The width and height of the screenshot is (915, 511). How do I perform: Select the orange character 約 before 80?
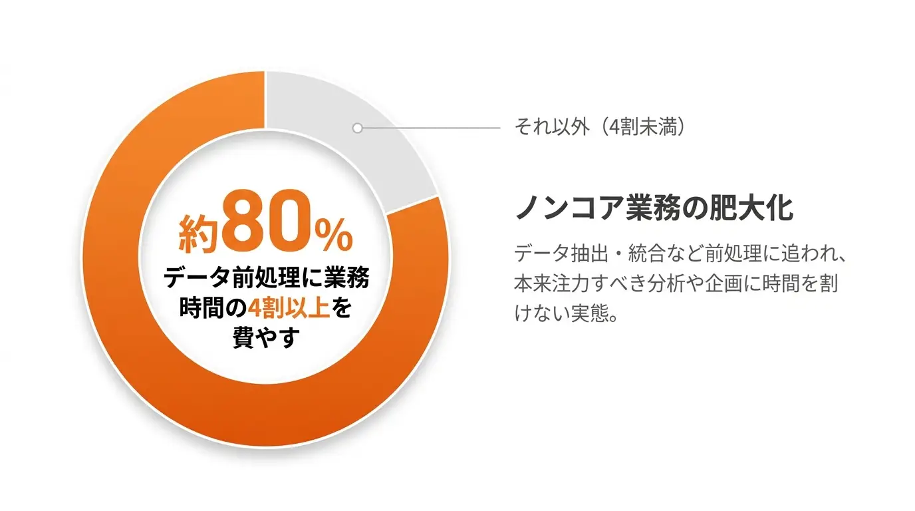(199, 234)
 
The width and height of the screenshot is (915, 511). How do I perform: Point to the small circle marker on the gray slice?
(358, 128)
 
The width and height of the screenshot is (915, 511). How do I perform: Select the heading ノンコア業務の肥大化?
(654, 208)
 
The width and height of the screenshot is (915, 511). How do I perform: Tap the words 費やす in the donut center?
(267, 337)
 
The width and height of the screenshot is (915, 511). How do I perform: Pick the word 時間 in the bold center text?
(199, 308)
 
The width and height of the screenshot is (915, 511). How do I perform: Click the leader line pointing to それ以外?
(432, 128)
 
